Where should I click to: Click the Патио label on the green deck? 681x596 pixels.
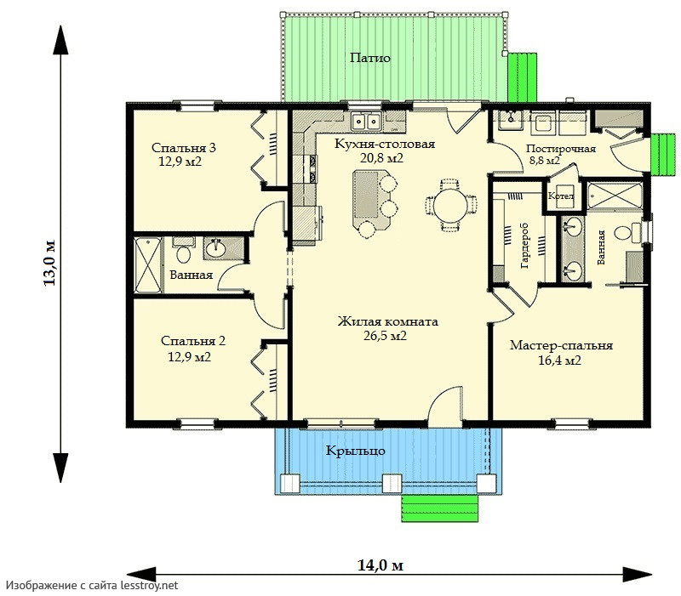click(370, 58)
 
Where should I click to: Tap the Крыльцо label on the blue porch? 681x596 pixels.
click(355, 451)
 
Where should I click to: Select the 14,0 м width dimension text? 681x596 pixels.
click(381, 565)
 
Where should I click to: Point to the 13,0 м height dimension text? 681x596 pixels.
click(49, 263)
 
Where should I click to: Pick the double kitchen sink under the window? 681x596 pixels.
click(366, 121)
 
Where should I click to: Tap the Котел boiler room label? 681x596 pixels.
click(561, 196)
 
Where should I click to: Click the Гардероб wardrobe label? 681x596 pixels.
click(524, 246)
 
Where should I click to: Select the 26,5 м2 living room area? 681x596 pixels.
click(386, 335)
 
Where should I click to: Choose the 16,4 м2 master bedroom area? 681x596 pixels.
click(560, 360)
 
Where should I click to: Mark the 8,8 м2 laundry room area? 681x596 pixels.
click(545, 160)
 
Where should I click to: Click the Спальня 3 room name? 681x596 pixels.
click(183, 148)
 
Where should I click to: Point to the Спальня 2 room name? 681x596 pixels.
click(193, 341)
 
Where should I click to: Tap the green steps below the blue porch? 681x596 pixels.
click(439, 508)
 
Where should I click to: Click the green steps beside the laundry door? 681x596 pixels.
click(663, 155)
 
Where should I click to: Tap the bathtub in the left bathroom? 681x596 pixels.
click(148, 265)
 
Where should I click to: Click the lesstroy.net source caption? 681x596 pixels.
click(92, 586)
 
